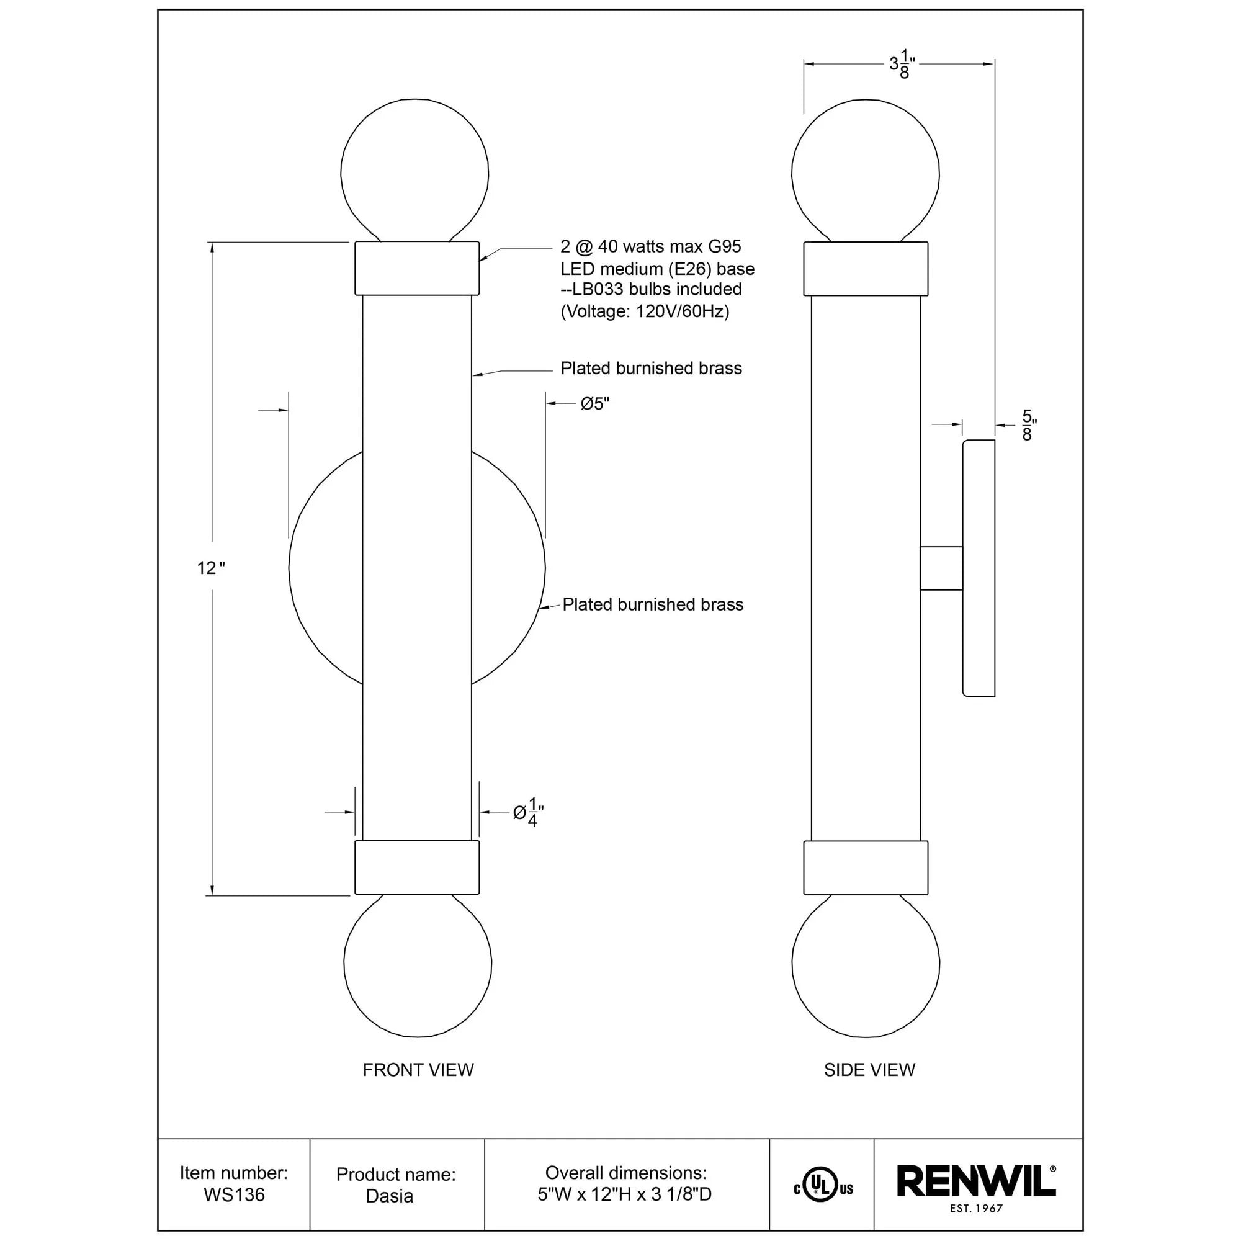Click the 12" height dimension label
pyautogui.click(x=211, y=568)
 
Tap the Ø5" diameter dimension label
pyautogui.click(x=594, y=404)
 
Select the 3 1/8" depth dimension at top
pyautogui.click(x=901, y=65)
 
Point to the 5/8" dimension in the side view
pyautogui.click(x=1028, y=425)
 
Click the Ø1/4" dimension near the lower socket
pyautogui.click(x=528, y=813)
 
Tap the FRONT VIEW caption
pyautogui.click(x=418, y=1070)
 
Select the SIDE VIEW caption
pyautogui.click(x=869, y=1070)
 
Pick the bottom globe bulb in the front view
pyautogui.click(x=418, y=964)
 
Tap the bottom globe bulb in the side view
pyautogui.click(x=865, y=964)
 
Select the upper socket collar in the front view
pyautogui.click(x=417, y=269)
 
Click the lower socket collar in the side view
pyautogui.click(x=865, y=868)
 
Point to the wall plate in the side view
pyautogui.click(x=979, y=568)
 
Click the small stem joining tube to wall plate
pyautogui.click(x=941, y=568)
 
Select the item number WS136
pyautogui.click(x=234, y=1194)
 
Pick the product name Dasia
pyautogui.click(x=389, y=1196)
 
